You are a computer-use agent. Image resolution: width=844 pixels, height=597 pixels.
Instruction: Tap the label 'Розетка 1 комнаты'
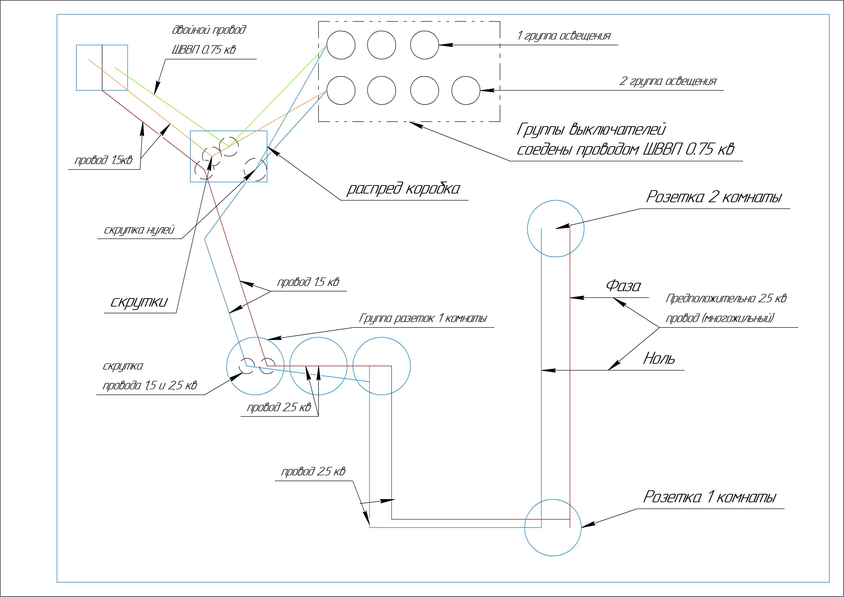[x=709, y=497]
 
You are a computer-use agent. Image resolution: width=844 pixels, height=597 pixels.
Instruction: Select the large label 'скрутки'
[x=139, y=302]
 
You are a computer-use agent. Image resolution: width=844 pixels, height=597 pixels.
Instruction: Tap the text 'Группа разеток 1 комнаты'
[x=423, y=318]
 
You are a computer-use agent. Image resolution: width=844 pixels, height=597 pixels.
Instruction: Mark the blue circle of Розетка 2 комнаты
[x=556, y=229]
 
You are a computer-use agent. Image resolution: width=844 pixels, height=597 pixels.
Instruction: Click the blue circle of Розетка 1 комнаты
[x=552, y=527]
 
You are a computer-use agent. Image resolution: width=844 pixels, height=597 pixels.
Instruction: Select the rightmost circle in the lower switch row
[x=466, y=90]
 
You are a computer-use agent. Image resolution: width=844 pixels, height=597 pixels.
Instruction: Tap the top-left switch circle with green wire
[x=341, y=45]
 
